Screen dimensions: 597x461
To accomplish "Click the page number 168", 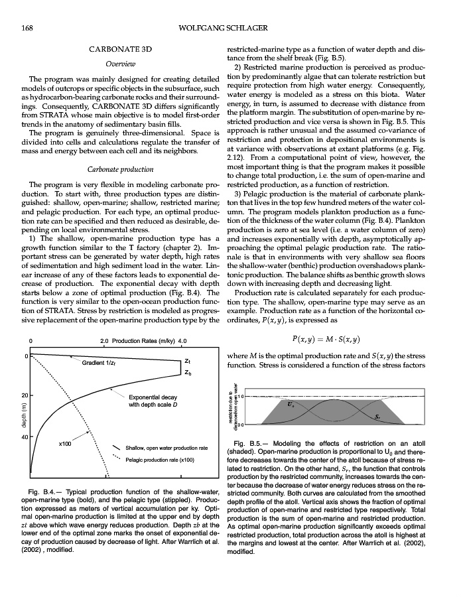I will click(28, 27).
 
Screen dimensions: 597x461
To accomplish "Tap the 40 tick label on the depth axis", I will click(24, 438).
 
